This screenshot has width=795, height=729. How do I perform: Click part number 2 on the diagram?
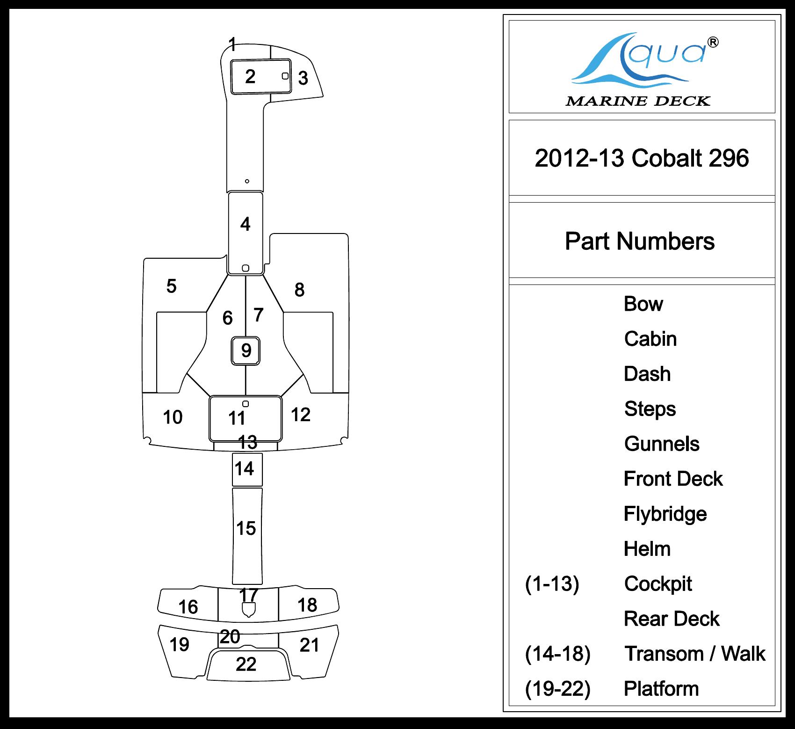click(x=250, y=76)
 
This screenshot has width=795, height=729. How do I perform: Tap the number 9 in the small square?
click(x=246, y=350)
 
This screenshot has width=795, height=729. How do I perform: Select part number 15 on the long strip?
click(x=246, y=528)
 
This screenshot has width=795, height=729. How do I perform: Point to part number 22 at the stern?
click(x=246, y=664)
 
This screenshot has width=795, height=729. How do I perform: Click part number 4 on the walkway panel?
click(x=245, y=224)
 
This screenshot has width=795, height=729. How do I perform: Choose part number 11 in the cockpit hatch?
click(x=237, y=418)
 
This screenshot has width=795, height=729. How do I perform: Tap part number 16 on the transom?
click(x=188, y=607)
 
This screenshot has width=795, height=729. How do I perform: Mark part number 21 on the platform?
click(x=309, y=645)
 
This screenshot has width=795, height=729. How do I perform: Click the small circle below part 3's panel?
click(x=247, y=181)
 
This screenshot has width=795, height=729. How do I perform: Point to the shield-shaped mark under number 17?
click(x=248, y=610)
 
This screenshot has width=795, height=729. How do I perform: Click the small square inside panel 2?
click(x=285, y=76)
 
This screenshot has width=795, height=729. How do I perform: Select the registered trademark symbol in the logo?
click(x=713, y=43)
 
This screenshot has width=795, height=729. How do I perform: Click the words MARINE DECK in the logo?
click(x=638, y=101)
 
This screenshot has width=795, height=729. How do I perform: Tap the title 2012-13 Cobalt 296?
click(x=642, y=158)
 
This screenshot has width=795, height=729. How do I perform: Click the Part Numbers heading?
click(x=640, y=241)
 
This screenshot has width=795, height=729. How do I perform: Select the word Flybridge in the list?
click(x=665, y=514)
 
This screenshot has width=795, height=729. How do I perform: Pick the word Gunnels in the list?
click(x=662, y=444)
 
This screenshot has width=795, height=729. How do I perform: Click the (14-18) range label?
click(x=557, y=654)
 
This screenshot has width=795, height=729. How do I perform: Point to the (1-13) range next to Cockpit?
click(x=552, y=583)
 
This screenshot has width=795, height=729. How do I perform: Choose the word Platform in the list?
click(x=661, y=689)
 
